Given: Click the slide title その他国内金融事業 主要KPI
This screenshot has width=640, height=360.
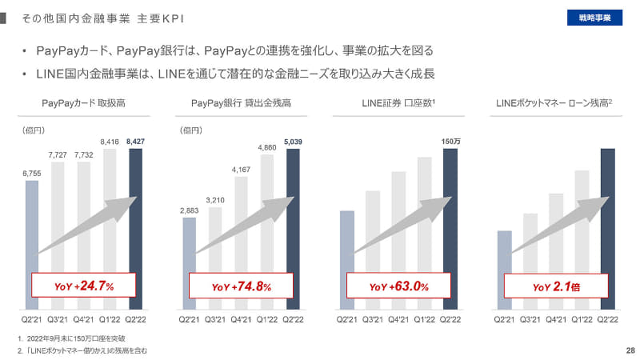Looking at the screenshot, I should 94,17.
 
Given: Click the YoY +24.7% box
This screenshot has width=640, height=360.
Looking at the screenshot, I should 83,286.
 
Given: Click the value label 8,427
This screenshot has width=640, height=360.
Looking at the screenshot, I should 136,142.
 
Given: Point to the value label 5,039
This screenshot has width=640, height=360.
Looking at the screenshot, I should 294,142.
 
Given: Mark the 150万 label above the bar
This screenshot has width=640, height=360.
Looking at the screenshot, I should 450,142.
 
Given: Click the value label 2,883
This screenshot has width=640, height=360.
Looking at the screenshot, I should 189,210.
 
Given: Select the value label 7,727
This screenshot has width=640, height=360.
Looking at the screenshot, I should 58,154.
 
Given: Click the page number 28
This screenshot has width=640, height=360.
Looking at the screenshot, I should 630,350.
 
